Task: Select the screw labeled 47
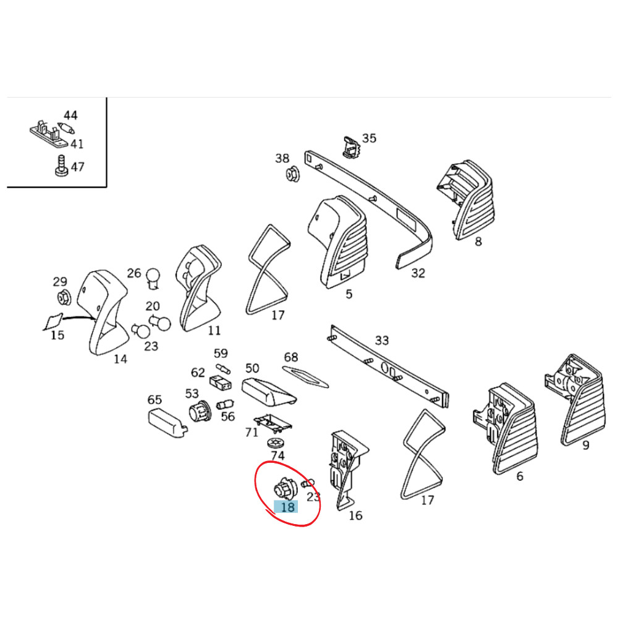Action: click(x=61, y=166)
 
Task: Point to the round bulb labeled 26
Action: click(x=153, y=278)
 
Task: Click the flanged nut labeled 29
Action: click(x=64, y=297)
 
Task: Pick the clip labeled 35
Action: click(x=352, y=147)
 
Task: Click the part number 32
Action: click(x=418, y=273)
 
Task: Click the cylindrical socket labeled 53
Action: click(x=200, y=412)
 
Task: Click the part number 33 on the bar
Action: click(x=381, y=340)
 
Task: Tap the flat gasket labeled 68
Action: click(x=305, y=377)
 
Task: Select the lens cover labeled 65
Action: click(x=167, y=423)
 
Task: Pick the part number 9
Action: click(x=586, y=445)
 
